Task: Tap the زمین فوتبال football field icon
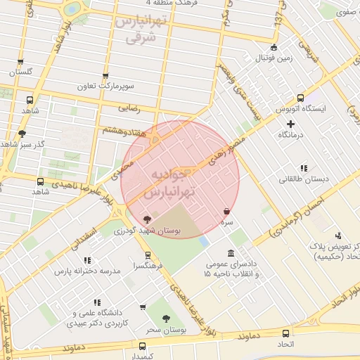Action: [274, 48]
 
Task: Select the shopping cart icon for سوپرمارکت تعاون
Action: [106, 76]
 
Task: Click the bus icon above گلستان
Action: [20, 61]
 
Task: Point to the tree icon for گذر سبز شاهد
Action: [22, 134]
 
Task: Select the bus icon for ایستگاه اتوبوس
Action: [300, 98]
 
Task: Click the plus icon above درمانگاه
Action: [291, 124]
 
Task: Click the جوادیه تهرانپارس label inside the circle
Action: [172, 181]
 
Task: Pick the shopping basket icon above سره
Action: [226, 211]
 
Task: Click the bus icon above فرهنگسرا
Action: [147, 256]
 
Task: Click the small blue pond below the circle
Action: [204, 241]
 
